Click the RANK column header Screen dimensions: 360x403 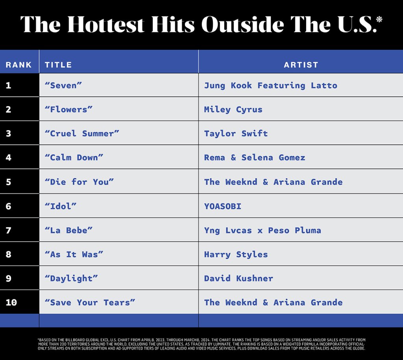click(x=18, y=65)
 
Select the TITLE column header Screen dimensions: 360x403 click(x=58, y=65)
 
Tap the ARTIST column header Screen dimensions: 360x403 click(x=301, y=65)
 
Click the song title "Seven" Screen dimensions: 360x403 click(x=63, y=85)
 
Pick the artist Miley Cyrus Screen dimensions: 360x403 click(x=233, y=109)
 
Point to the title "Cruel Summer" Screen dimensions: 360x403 click(x=82, y=133)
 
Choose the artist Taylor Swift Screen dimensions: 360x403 click(x=236, y=133)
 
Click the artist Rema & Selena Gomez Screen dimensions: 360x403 click(x=254, y=157)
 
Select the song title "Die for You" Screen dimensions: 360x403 click(x=79, y=182)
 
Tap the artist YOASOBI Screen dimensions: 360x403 click(x=222, y=206)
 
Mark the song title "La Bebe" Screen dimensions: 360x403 click(x=68, y=230)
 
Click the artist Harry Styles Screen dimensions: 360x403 click(x=236, y=254)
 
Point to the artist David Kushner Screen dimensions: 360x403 click(x=238, y=278)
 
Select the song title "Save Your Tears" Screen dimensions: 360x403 click(x=90, y=303)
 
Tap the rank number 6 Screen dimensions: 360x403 click(x=9, y=206)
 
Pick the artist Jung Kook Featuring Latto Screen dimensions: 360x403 click(x=270, y=85)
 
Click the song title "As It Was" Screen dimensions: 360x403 click(x=74, y=254)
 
